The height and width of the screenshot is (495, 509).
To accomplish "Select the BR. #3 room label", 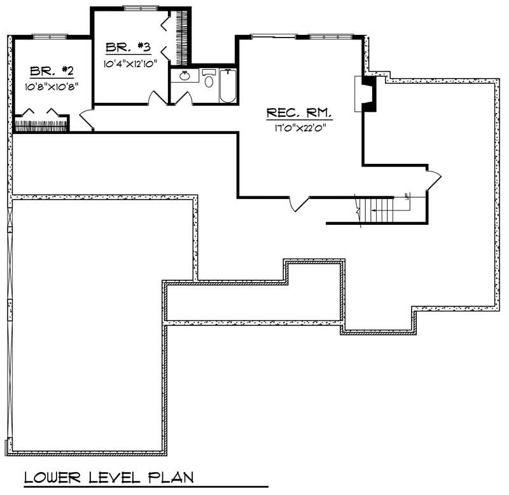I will (x=128, y=47).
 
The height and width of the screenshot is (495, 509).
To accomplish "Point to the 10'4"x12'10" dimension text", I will (x=130, y=63).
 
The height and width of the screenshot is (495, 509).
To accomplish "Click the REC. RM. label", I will (x=299, y=113).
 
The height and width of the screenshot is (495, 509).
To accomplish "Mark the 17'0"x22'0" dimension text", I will (x=299, y=128).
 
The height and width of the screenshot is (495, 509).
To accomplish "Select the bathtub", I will (x=228, y=85).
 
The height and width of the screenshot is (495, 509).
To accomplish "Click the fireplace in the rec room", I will (x=365, y=94).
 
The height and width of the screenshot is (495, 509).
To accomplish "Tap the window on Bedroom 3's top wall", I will (x=141, y=8).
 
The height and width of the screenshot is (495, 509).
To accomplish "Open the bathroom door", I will (x=183, y=98).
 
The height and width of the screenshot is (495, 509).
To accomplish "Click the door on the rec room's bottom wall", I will (x=299, y=203).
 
